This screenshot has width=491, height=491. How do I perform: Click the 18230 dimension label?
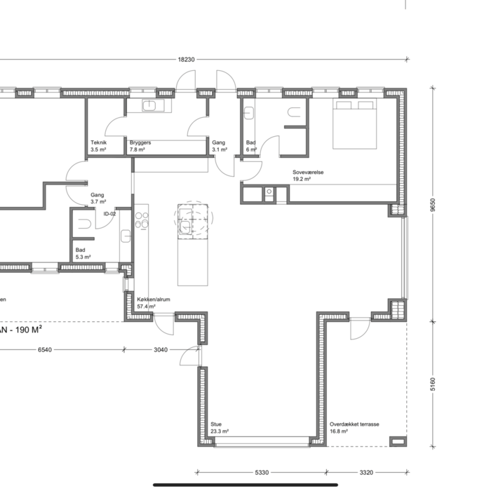187,60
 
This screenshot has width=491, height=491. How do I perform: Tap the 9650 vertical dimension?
433,205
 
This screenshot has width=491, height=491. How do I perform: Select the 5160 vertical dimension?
433,384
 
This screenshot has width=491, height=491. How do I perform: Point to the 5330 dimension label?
262,473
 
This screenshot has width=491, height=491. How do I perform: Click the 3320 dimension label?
366,473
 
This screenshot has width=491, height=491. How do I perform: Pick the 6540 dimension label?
45,350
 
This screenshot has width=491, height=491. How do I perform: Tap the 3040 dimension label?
161,350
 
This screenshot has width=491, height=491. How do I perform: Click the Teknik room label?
99,142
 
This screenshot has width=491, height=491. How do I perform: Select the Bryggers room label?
140,142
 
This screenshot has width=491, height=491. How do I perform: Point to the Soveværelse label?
308,173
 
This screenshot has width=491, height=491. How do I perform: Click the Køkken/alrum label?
154,300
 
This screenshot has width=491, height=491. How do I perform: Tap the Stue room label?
216,424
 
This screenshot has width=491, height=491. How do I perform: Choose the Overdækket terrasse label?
354,424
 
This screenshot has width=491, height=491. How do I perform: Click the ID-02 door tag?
109,214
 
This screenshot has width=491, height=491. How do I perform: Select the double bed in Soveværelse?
354,124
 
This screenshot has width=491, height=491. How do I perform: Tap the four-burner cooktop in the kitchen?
142,220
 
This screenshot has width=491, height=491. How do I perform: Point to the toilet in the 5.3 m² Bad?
84,224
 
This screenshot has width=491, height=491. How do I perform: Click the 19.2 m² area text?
302,180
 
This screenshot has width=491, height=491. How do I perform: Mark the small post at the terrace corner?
398,441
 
